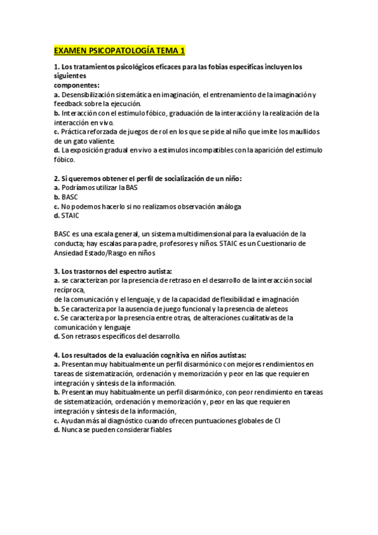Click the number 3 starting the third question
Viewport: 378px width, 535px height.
pos(56,271)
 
